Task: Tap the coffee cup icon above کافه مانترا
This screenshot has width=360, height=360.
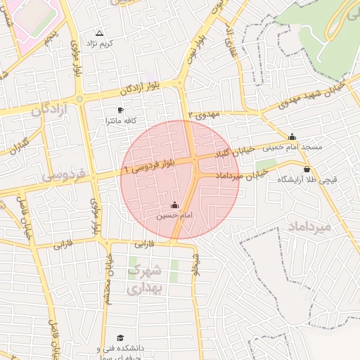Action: [120, 110]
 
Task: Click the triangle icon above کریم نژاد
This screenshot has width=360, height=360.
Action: [98, 33]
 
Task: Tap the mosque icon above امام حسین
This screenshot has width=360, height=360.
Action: [174, 205]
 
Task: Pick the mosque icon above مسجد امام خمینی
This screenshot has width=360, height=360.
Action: [292, 136]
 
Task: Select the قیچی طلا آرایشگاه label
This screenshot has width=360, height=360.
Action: [307, 180]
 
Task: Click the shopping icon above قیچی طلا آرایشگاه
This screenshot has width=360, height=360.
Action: [307, 169]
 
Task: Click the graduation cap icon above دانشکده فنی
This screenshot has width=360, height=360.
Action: [120, 338]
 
